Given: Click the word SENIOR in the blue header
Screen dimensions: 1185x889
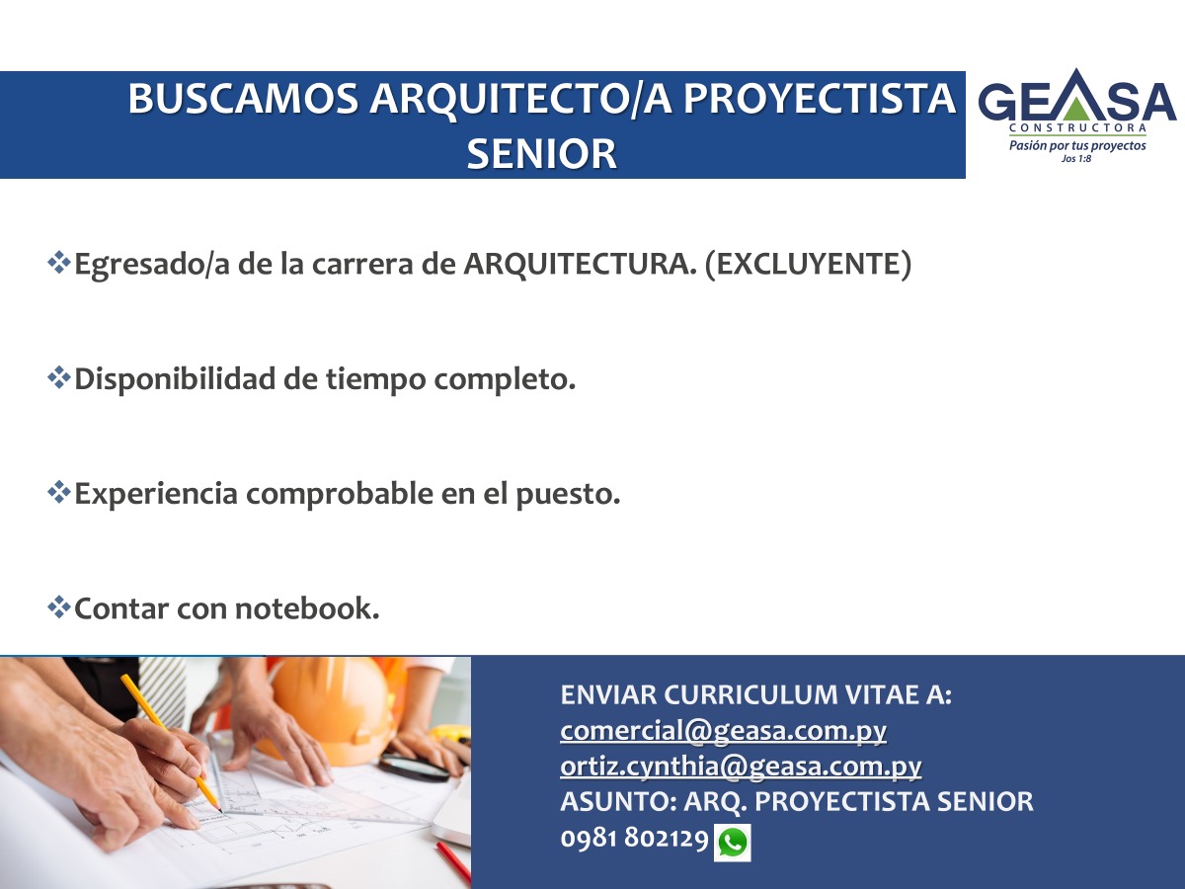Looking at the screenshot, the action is [x=541, y=154].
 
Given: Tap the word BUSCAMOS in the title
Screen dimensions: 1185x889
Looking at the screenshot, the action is [x=243, y=99].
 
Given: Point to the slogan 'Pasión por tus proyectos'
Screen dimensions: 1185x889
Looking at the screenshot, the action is [x=1077, y=145].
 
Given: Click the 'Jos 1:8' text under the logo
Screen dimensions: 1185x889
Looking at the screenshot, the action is [x=1076, y=159].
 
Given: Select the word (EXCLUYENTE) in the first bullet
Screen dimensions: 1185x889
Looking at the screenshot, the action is [x=808, y=265].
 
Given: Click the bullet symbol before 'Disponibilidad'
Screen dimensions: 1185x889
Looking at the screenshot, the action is [x=59, y=378].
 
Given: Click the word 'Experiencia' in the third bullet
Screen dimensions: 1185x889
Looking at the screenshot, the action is [x=156, y=494].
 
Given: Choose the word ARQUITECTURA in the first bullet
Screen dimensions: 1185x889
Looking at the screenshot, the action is [x=580, y=265].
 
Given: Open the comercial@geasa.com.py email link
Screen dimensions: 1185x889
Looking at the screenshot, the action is [x=724, y=731].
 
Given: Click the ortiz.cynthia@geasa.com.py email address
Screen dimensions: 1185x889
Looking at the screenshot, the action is [x=741, y=768].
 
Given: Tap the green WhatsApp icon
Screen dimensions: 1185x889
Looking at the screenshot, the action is [x=733, y=843].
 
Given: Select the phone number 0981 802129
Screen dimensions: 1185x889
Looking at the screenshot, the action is [x=634, y=839].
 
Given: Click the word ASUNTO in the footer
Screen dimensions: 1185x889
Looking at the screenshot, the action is [x=619, y=801].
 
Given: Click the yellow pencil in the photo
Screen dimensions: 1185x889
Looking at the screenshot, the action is [x=171, y=742].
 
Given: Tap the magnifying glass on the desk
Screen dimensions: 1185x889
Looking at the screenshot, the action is [x=414, y=768].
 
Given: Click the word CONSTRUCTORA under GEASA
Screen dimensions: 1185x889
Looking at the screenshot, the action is [x=1077, y=128].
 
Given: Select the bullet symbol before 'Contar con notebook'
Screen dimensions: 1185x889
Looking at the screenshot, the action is [x=59, y=607].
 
